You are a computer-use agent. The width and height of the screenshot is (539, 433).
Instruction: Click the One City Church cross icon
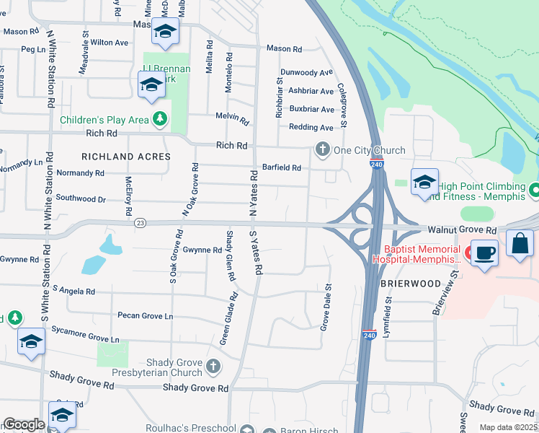(321, 150)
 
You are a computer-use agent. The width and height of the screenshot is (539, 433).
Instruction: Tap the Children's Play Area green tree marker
(160, 120)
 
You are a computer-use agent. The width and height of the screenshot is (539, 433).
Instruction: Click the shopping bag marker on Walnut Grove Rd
(520, 244)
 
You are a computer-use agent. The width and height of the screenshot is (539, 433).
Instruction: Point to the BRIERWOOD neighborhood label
(410, 284)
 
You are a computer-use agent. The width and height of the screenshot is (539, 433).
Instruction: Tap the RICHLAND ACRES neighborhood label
(126, 157)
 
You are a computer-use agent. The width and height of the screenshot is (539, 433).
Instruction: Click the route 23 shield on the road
(140, 223)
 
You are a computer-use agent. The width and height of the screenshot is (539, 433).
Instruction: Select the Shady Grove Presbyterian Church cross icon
(212, 367)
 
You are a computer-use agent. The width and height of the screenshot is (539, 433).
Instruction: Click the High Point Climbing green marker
(534, 191)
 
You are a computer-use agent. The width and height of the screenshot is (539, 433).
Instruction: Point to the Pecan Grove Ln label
(145, 316)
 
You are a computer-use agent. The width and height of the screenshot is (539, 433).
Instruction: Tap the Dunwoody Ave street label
(307, 72)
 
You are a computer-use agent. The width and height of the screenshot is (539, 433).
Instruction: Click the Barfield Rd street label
(281, 167)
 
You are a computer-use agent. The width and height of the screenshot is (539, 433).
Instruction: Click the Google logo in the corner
(23, 424)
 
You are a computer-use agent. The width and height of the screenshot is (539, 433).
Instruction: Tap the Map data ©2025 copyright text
(508, 427)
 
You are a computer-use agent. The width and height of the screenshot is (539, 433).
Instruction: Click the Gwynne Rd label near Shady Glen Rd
(202, 250)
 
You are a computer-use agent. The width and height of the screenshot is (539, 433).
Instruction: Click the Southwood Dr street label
(81, 198)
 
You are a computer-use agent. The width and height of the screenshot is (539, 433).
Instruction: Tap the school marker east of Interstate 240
(425, 181)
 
